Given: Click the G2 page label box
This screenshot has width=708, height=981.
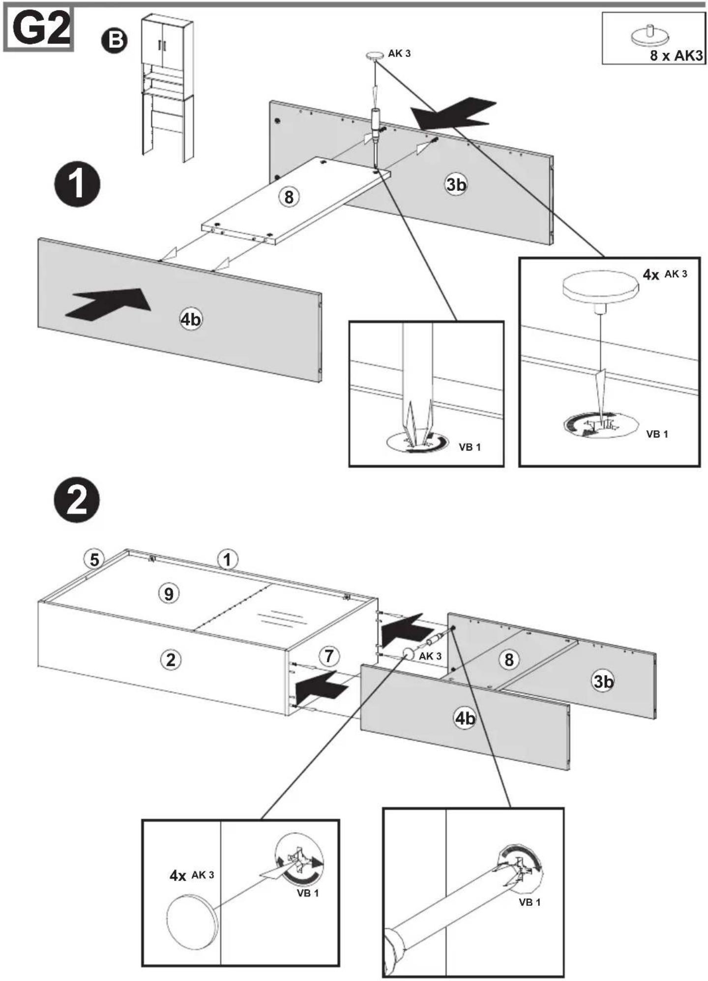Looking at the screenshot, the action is click(38, 29).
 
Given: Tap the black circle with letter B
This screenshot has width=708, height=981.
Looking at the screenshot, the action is click(114, 40).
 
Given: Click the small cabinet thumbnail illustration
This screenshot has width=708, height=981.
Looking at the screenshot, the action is click(167, 88).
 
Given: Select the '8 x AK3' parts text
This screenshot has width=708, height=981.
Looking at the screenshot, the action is click(676, 55).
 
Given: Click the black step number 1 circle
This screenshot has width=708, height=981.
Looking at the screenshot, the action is click(77, 184).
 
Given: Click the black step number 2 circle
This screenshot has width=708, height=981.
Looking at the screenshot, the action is click(76, 500).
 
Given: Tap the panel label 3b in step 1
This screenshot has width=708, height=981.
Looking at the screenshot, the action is click(456, 184).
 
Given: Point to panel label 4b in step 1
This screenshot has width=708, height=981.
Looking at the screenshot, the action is click(190, 320).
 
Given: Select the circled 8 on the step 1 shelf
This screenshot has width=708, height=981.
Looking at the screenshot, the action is click(289, 197).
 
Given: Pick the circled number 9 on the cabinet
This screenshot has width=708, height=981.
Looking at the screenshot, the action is click(169, 594).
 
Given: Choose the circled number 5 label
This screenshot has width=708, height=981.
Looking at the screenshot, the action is click(94, 559).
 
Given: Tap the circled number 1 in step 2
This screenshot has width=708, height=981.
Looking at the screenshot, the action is click(227, 559).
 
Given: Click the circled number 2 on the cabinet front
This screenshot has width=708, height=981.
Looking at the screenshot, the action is click(171, 659).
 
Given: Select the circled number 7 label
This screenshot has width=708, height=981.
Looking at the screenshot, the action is click(329, 655).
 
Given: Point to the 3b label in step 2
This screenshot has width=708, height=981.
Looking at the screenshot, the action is click(603, 681).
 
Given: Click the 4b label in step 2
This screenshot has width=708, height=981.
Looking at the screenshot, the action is click(465, 718).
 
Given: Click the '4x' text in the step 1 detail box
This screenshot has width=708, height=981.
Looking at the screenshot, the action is click(650, 274).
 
